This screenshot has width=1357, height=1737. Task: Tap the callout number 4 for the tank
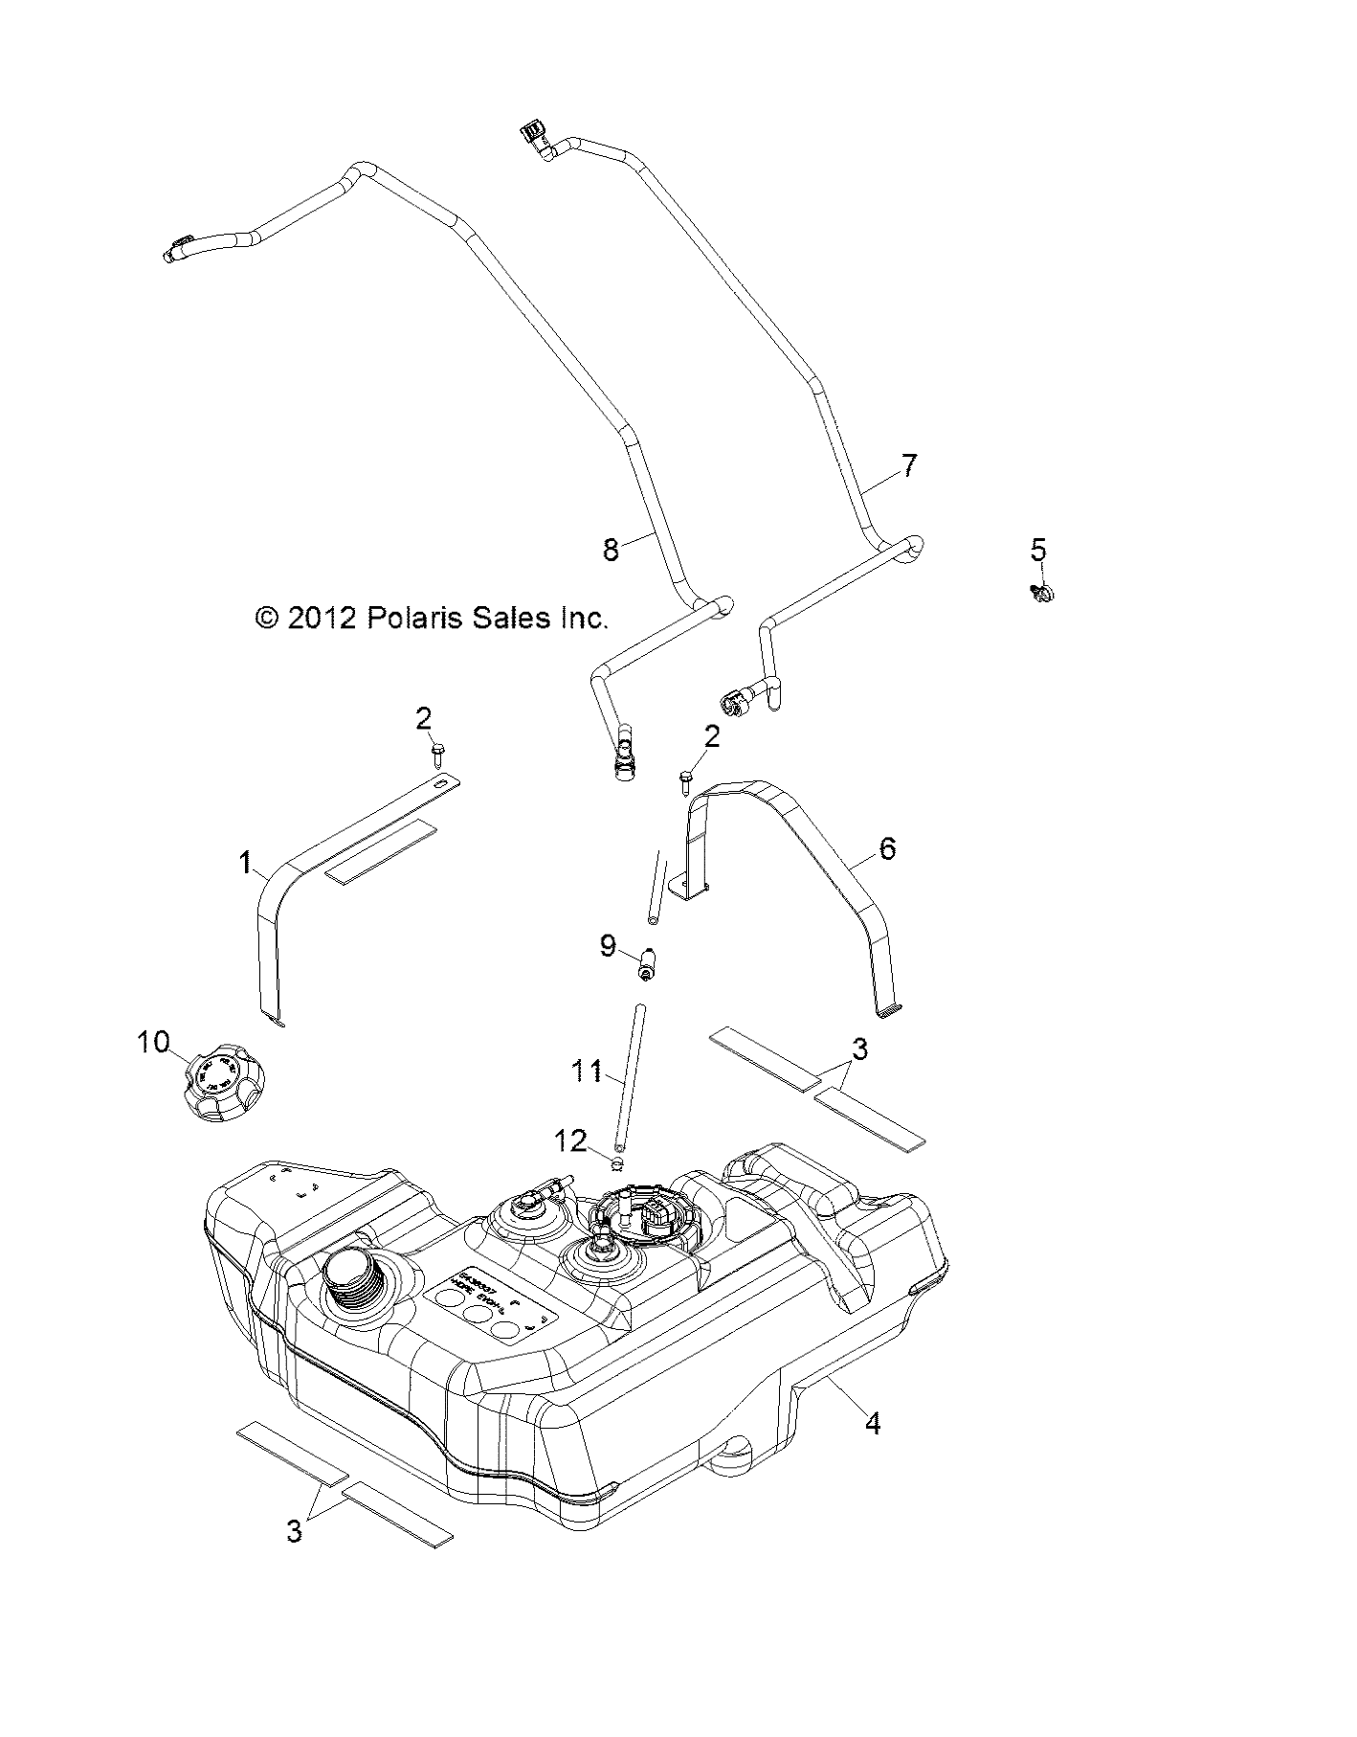point(872,1451)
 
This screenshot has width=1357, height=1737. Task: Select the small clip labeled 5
point(1042,593)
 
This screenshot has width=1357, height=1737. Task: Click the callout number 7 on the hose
point(908,465)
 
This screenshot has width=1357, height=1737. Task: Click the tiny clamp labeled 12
point(617,1163)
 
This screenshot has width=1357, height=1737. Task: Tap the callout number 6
point(887,847)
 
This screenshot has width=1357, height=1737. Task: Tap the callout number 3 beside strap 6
point(859,1049)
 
